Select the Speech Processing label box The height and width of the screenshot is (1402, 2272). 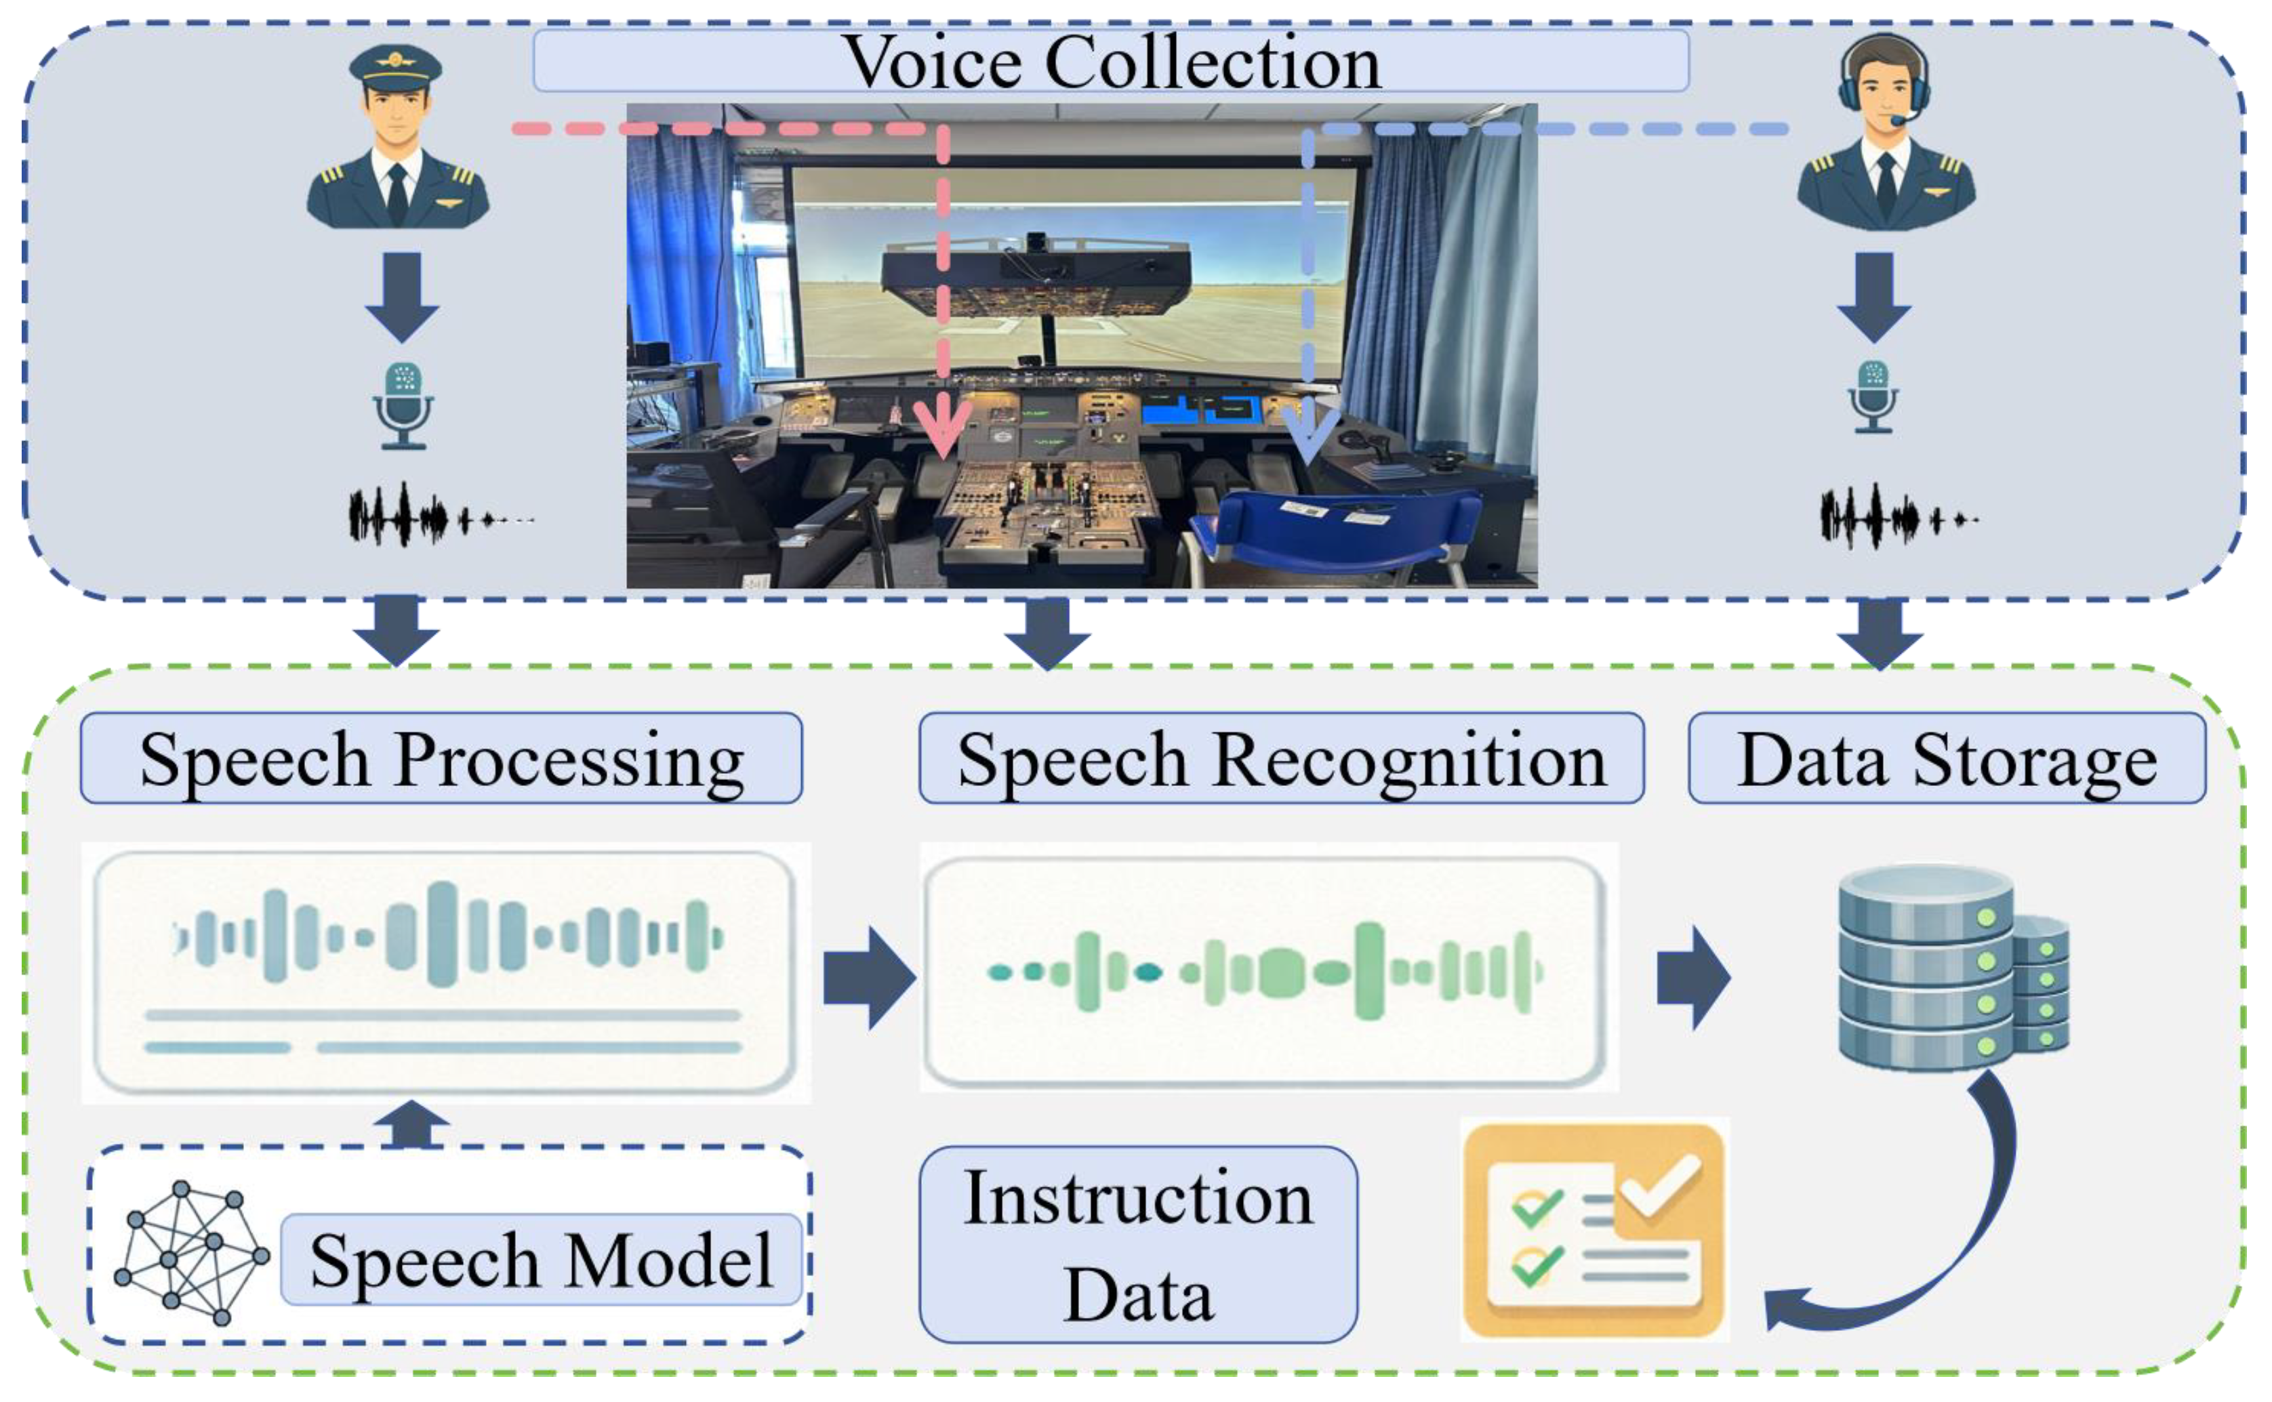(441, 758)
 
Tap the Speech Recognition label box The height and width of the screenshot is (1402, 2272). (1280, 758)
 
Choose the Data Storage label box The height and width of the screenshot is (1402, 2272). (1947, 758)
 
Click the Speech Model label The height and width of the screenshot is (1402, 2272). (541, 1260)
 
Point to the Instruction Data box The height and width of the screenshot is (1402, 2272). (1138, 1244)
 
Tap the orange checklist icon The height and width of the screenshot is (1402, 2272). (1594, 1229)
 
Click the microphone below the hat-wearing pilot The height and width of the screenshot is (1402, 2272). (403, 406)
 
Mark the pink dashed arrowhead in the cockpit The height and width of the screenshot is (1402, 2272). (943, 431)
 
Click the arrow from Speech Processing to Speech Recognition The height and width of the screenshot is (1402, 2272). (869, 977)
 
